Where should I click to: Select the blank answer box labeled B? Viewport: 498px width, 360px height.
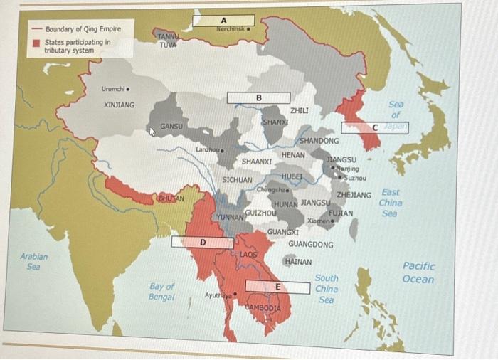pos(259,97)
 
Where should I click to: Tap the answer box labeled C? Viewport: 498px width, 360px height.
pos(375,127)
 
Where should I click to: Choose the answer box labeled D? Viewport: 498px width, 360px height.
pos(202,243)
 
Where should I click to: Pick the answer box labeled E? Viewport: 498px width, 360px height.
pos(277,287)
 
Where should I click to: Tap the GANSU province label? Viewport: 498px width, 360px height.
pos(171,126)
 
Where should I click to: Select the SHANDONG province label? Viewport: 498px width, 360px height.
pos(319,141)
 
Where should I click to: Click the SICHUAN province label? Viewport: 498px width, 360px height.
pos(237,180)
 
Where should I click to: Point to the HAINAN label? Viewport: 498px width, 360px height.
pos(297,262)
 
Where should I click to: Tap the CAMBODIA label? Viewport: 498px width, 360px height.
pos(263,307)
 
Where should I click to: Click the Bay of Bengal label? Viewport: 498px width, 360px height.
pos(161,292)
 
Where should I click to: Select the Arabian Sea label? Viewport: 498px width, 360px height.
pos(34,260)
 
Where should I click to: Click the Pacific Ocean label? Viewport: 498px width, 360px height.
pos(418,272)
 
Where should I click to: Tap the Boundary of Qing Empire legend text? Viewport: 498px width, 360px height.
pos(83,29)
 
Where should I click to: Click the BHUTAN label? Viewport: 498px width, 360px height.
pos(171,197)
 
